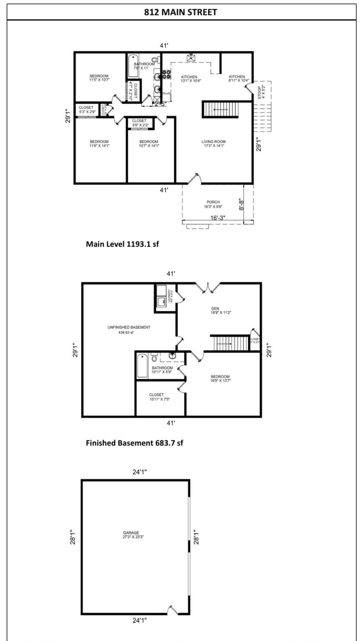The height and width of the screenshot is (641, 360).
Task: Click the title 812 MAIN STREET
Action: point(180,12)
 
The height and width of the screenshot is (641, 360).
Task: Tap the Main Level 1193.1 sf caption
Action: point(122,244)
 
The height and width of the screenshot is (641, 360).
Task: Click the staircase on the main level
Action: point(220,110)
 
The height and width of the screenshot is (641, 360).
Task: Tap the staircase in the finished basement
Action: point(231,343)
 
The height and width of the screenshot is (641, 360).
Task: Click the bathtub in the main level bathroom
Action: point(132,67)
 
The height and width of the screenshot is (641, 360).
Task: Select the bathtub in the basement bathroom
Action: point(142,366)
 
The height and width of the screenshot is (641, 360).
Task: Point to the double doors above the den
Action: point(209,287)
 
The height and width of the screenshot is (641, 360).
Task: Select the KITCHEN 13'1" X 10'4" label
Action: point(189,79)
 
